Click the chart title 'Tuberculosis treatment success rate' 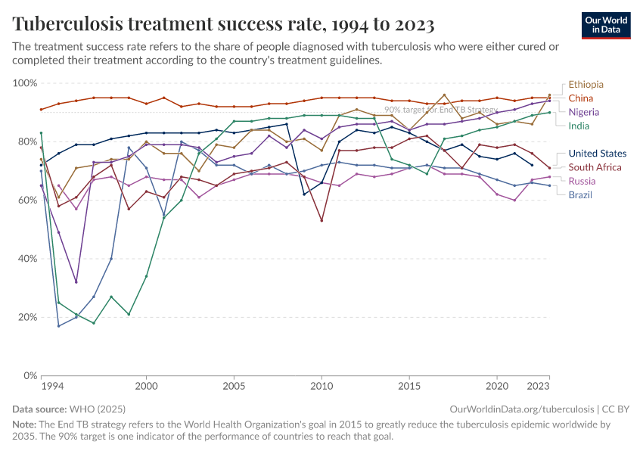tap(223, 25)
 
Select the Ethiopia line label tap(586, 84)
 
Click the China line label tap(580, 98)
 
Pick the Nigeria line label tap(583, 112)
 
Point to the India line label tap(579, 126)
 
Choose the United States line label tap(597, 154)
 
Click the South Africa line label tap(595, 167)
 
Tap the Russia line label tap(582, 181)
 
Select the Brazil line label tap(580, 194)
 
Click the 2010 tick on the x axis tap(321, 386)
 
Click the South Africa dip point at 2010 tap(321, 220)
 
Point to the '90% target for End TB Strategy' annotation tap(440, 110)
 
